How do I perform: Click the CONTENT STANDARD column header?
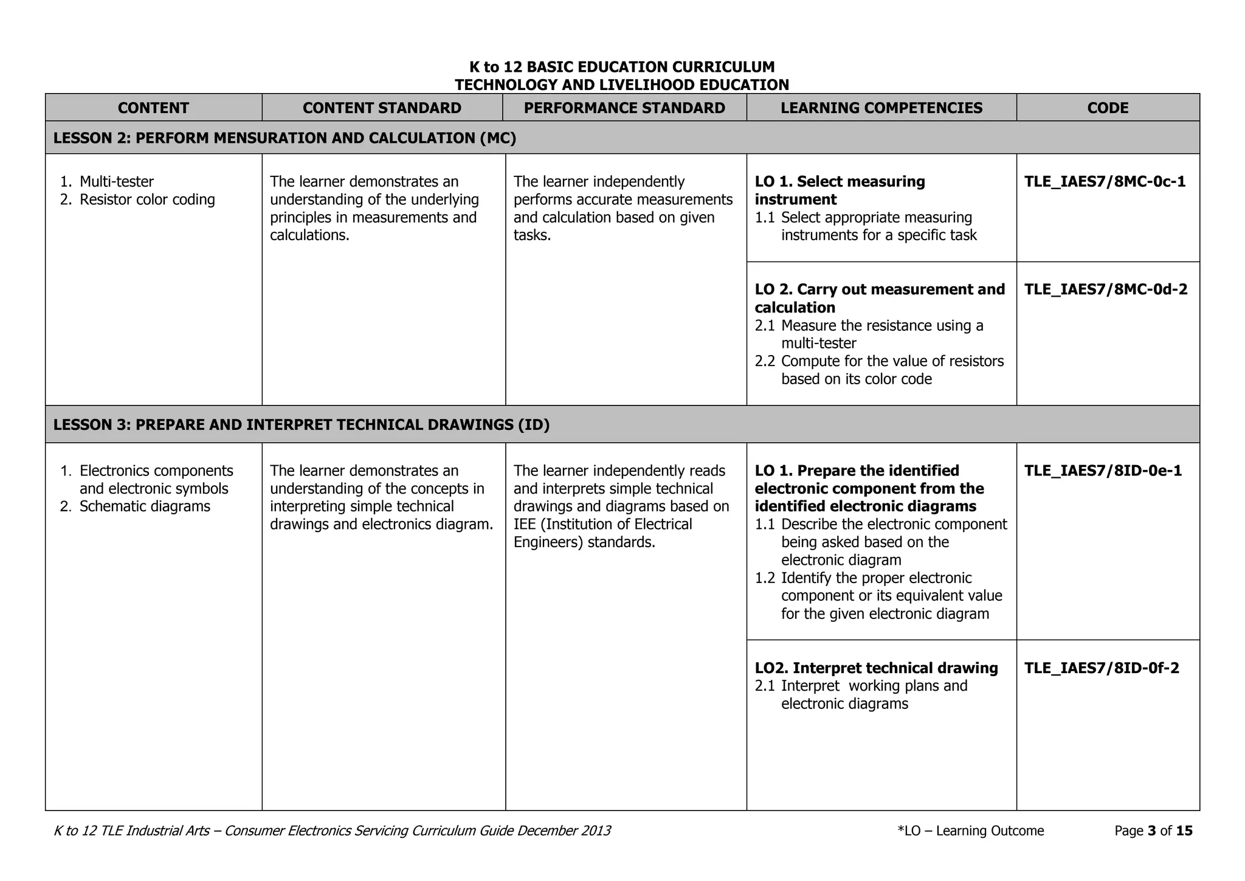(x=382, y=108)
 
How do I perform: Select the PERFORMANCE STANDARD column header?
(x=624, y=108)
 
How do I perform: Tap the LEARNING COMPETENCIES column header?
(x=881, y=108)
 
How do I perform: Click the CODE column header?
(x=1108, y=108)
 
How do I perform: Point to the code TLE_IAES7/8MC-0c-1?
(x=1105, y=182)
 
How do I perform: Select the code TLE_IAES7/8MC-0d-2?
(x=1105, y=289)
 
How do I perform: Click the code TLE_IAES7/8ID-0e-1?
(x=1103, y=471)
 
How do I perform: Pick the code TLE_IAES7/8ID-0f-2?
(x=1102, y=668)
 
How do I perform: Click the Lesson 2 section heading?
(x=285, y=138)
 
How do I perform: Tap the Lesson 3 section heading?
(x=301, y=425)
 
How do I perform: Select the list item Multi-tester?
(x=116, y=182)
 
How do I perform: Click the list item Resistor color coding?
(x=147, y=199)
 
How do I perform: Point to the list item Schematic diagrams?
(x=145, y=506)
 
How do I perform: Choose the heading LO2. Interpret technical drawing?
(x=876, y=668)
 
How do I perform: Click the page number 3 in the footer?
(x=1151, y=831)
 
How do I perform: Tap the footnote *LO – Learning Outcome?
(x=970, y=831)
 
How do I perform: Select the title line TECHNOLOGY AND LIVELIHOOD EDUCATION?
(x=622, y=85)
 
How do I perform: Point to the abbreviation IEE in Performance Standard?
(x=525, y=524)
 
